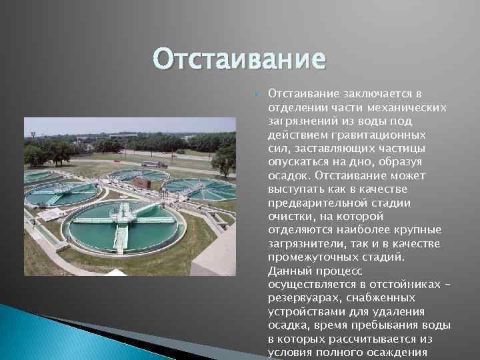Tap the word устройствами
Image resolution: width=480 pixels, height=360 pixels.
click(303, 311)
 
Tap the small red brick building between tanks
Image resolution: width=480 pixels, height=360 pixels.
click(141, 181)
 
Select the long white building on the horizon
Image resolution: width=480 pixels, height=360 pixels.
click(123, 135)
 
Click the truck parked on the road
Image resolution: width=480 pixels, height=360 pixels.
click(154, 164)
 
